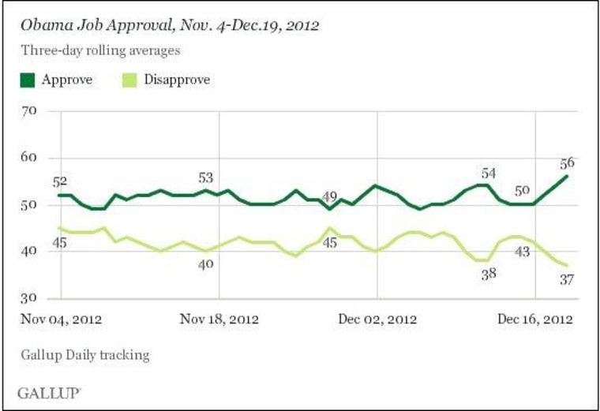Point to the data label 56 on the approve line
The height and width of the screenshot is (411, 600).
(566, 163)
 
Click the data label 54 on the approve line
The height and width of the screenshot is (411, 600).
(489, 174)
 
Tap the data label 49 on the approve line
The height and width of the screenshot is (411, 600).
(331, 197)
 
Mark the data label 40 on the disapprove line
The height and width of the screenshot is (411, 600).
(206, 265)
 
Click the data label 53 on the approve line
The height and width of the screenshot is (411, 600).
(205, 177)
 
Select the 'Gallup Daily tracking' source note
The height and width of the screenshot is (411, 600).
(84, 355)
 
